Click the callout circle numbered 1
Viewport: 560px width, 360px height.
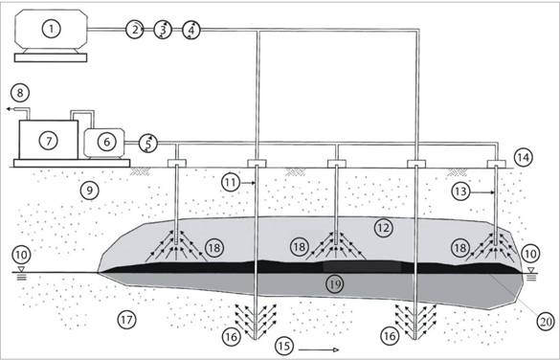(x=52, y=29)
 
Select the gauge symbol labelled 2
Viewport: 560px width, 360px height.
(x=135, y=30)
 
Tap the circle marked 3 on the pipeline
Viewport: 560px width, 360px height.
(x=163, y=30)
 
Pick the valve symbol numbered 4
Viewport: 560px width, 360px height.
(x=191, y=30)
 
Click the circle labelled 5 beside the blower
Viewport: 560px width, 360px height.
(x=147, y=144)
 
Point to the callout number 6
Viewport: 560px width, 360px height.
(x=106, y=142)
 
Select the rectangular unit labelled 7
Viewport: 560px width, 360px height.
(x=49, y=140)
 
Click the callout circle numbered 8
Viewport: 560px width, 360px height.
(x=20, y=93)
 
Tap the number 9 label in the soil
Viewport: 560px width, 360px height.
(x=89, y=191)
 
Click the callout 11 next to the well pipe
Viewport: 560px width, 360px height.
(x=231, y=183)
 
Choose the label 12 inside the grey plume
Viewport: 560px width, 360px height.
(x=383, y=228)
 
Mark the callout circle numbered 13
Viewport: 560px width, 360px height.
(x=460, y=191)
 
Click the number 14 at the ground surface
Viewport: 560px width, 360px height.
(x=523, y=157)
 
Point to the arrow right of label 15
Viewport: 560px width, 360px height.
(x=319, y=350)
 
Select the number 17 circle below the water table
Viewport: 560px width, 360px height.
(x=126, y=319)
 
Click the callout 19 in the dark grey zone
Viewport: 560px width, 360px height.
(x=334, y=284)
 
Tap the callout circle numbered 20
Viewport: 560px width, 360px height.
(x=546, y=321)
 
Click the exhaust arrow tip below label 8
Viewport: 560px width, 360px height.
(x=7, y=109)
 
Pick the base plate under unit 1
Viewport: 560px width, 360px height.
(x=51, y=57)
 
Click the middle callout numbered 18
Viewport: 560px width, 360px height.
(x=300, y=247)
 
